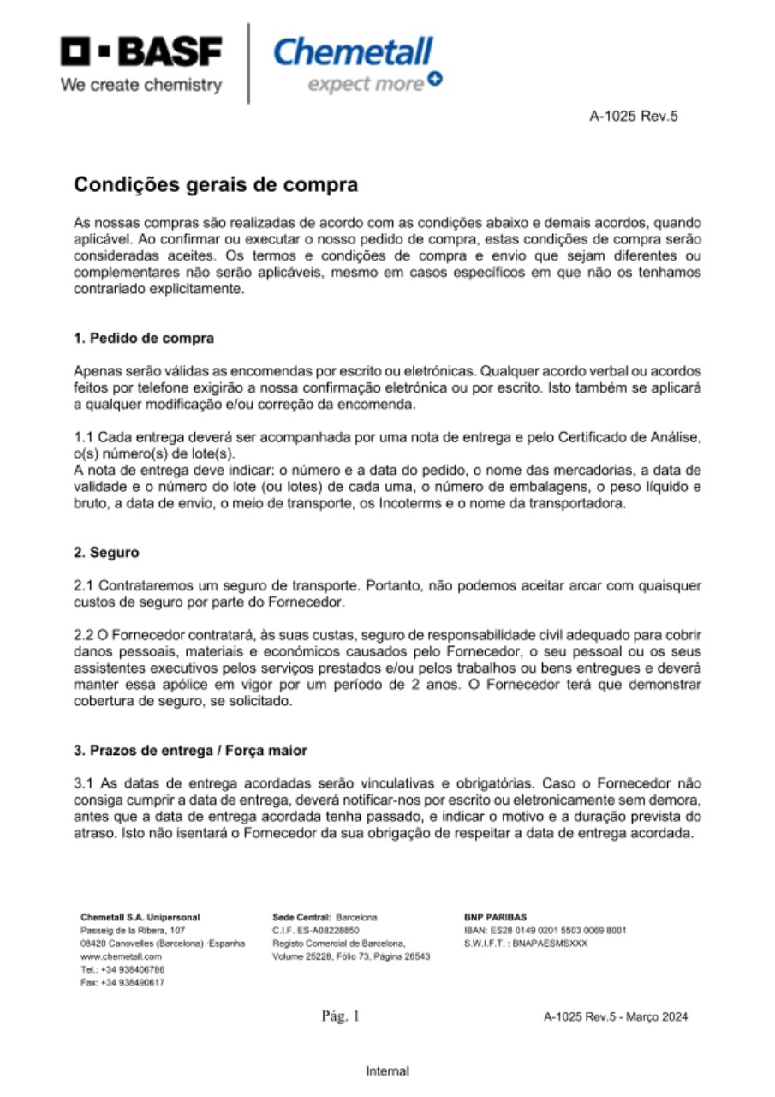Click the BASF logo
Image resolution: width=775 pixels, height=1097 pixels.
tap(142, 52)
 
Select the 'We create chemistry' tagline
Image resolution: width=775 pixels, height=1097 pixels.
tap(142, 85)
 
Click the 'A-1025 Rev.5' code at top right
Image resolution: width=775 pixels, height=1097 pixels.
tap(634, 117)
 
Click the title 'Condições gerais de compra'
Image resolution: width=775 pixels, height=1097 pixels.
tap(215, 185)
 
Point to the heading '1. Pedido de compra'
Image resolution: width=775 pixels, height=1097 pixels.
tap(144, 338)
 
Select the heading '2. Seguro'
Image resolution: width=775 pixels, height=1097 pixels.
tap(106, 553)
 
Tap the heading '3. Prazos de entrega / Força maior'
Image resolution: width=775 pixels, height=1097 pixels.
tap(190, 750)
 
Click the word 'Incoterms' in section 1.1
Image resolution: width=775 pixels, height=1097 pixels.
tap(464, 504)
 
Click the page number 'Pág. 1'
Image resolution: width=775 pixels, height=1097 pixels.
tap(341, 1017)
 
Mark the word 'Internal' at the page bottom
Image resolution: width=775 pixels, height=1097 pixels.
tap(387, 1070)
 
